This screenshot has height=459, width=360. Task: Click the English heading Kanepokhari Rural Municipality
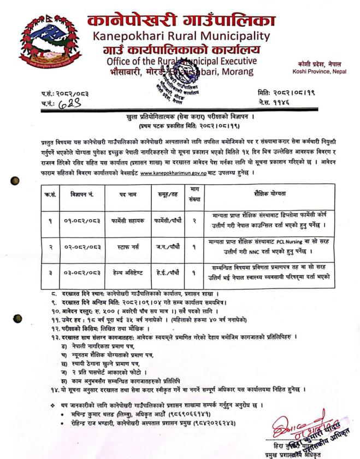181,37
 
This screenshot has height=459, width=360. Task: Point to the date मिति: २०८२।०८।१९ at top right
288,93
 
